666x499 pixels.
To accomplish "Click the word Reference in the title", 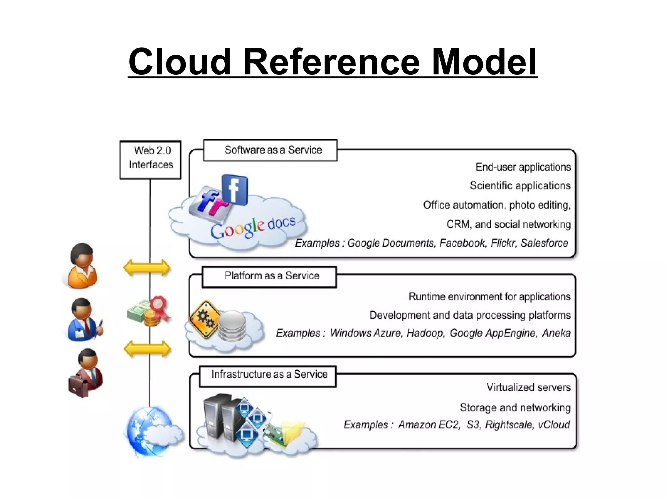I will [x=331, y=62].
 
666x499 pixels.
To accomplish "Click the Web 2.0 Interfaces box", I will [x=150, y=160].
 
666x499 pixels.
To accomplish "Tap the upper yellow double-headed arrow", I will [x=147, y=268].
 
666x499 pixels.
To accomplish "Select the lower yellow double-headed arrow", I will [x=147, y=349].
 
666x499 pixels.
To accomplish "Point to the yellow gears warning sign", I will [x=204, y=319].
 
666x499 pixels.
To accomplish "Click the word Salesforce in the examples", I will [x=544, y=243].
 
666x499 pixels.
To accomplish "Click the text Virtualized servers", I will [x=528, y=387].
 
